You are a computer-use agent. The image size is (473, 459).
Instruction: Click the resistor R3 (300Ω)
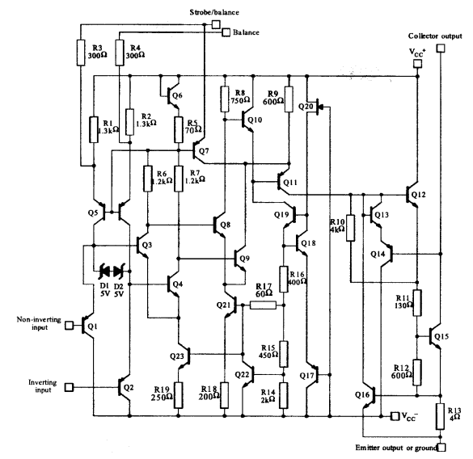[x=80, y=53]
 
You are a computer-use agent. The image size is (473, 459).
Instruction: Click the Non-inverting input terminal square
[x=70, y=326]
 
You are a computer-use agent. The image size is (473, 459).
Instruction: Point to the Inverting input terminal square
[x=70, y=386]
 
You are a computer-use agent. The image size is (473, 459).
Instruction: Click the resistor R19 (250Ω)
[x=177, y=394]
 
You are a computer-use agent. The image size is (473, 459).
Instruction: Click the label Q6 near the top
[x=176, y=95]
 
